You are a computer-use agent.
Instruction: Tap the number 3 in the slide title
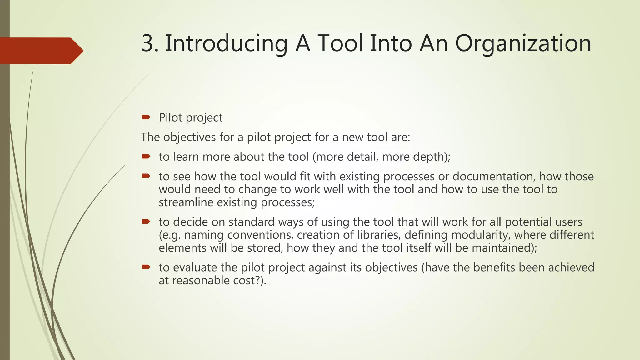(x=148, y=44)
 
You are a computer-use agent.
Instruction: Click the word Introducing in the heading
(x=226, y=44)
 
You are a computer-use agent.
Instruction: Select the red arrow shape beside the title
(x=41, y=51)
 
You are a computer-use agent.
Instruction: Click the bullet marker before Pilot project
(x=146, y=117)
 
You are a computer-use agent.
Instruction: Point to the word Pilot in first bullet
(x=171, y=117)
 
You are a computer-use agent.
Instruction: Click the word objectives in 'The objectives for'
(x=189, y=137)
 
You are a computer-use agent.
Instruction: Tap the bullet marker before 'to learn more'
(x=146, y=156)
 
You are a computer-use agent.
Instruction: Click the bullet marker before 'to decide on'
(x=146, y=222)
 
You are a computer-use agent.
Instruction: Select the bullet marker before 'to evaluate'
(x=146, y=267)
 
